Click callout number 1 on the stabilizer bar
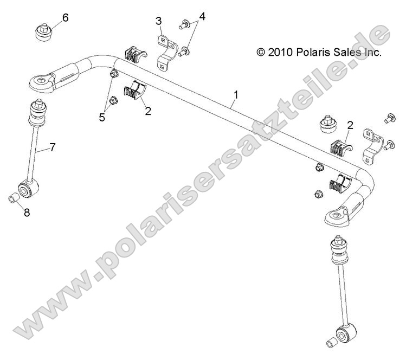tap(236, 96)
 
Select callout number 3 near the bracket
tap(159, 21)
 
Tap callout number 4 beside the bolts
tap(202, 16)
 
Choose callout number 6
tap(66, 17)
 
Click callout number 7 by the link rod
tap(53, 147)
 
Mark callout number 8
tap(27, 213)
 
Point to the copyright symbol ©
tap(261, 53)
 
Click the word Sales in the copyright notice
tap(344, 53)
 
